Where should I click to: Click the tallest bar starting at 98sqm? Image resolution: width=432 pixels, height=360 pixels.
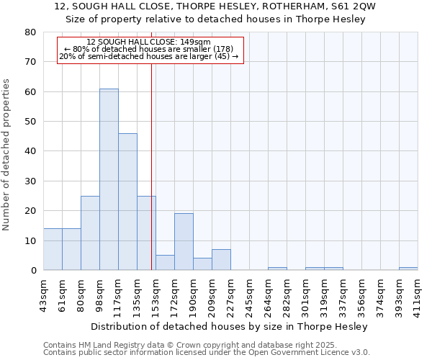click(x=109, y=179)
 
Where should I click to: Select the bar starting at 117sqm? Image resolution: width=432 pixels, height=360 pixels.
click(x=127, y=202)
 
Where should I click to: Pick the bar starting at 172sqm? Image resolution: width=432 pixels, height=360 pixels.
click(x=184, y=242)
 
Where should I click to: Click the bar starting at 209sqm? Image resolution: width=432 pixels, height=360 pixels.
click(x=221, y=260)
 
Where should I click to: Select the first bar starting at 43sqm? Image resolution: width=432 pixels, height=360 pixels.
click(x=53, y=249)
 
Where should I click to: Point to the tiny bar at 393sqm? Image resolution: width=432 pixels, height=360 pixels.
click(x=408, y=269)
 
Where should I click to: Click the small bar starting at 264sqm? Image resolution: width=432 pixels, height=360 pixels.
click(x=277, y=269)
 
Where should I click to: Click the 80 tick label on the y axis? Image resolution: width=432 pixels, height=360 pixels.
click(x=31, y=32)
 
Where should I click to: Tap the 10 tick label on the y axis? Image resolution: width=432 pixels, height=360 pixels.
click(x=31, y=240)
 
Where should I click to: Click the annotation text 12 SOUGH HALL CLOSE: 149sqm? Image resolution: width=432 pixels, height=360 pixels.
click(x=148, y=42)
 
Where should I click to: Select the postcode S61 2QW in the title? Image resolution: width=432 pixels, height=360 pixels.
click(x=358, y=6)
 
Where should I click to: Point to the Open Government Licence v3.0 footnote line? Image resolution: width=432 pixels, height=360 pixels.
click(x=207, y=352)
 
